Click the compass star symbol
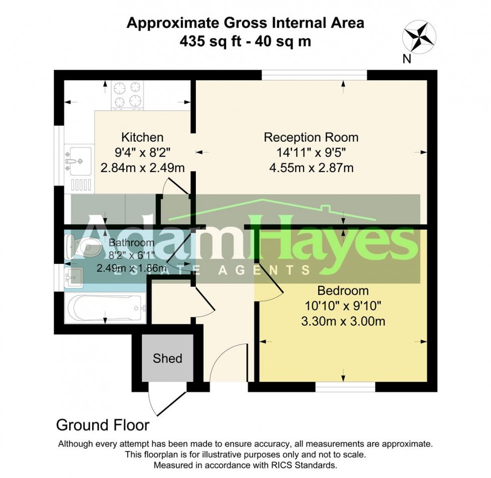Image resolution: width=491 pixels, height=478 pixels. click(419, 37)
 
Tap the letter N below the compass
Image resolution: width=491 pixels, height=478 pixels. click(406, 59)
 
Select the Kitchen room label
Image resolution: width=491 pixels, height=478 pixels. click(142, 137)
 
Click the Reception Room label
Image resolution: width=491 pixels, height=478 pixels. click(311, 137)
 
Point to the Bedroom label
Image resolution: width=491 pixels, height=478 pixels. click(343, 291)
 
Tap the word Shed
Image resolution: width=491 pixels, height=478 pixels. click(167, 358)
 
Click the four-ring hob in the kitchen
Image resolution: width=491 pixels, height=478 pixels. click(128, 95)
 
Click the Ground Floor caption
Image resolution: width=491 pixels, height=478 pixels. click(103, 425)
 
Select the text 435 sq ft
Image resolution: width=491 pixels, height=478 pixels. click(206, 41)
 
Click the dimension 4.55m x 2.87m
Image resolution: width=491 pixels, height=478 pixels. click(311, 168)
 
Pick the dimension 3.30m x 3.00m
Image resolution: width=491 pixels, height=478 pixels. click(343, 321)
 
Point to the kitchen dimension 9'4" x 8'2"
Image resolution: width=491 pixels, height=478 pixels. click(142, 153)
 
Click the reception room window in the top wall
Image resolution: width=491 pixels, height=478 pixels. click(314, 75)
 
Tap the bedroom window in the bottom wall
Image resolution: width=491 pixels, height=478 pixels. click(345, 387)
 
